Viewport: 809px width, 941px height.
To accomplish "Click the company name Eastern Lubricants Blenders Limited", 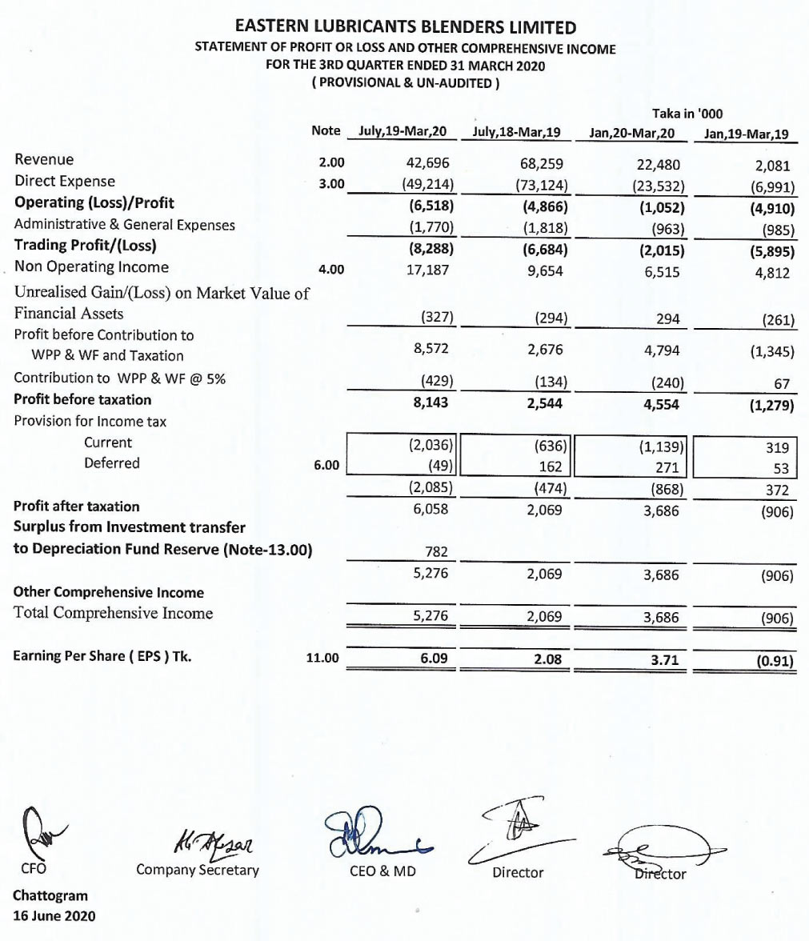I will (405, 28).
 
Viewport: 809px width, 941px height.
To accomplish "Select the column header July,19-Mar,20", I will (402, 131).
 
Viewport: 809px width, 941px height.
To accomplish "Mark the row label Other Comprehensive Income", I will (109, 593).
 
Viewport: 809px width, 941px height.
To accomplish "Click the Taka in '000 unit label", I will (688, 114).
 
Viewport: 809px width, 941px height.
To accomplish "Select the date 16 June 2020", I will (54, 915).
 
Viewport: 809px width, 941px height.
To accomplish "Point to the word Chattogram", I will (50, 895).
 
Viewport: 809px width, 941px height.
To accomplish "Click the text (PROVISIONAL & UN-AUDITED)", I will (405, 82).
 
